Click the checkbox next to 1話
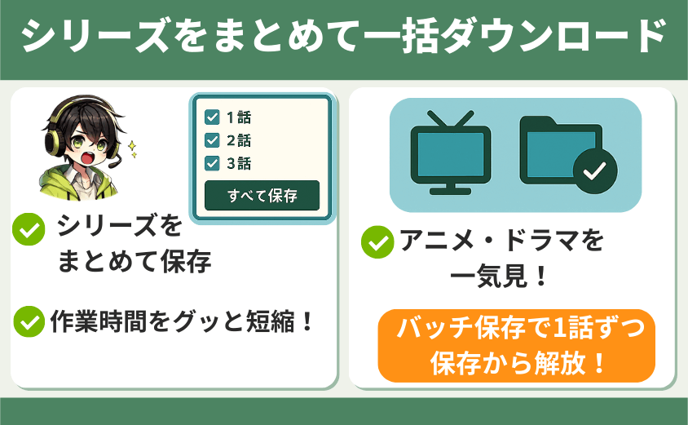pos(212,117)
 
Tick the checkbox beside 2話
pos(212,140)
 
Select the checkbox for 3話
pos(212,163)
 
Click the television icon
pos(451,153)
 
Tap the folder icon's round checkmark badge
pos(595,171)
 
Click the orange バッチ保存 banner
pos(517,346)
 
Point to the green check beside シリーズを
pos(29,228)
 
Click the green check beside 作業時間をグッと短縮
pos(29,321)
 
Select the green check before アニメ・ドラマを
pos(377,242)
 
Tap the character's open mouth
pos(88,157)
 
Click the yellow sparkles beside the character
pos(132,148)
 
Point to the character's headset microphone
pos(113,164)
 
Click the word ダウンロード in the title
pos(553,35)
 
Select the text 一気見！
pos(500,277)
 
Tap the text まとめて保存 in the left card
pos(135,261)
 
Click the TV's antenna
pos(451,118)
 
